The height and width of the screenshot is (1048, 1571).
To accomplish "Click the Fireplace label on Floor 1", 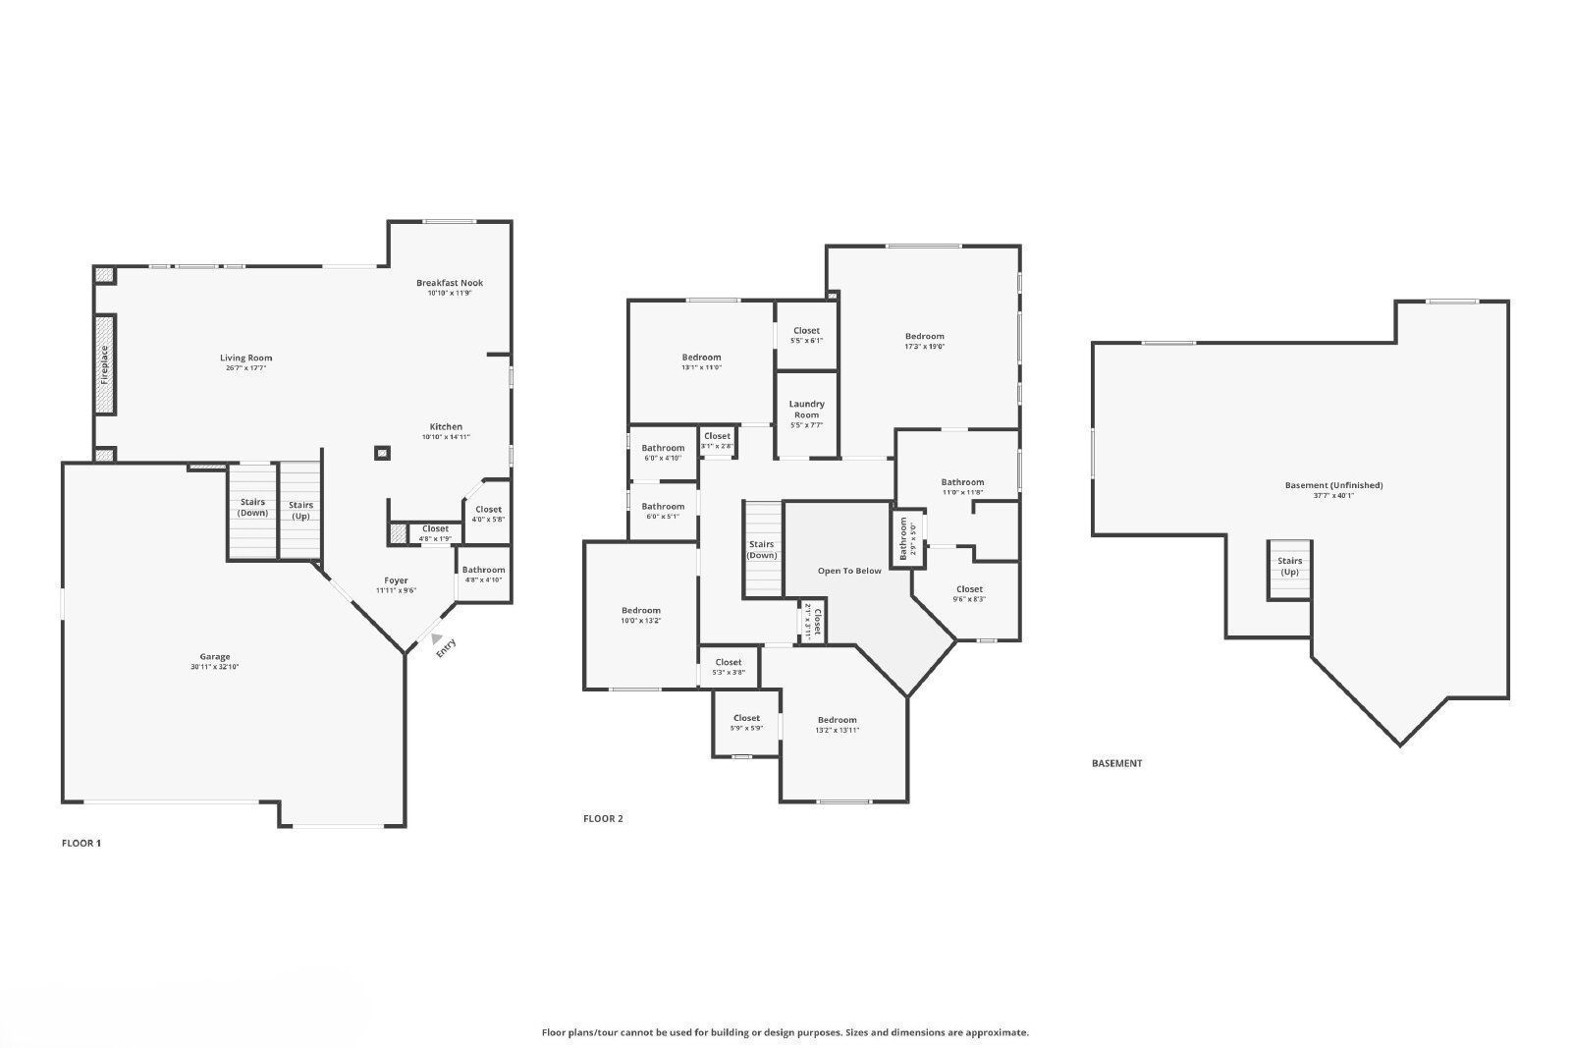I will click(x=105, y=363).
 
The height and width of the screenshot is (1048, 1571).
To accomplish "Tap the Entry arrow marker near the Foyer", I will click(x=437, y=638).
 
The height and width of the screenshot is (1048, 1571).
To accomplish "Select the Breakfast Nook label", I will click(x=450, y=283).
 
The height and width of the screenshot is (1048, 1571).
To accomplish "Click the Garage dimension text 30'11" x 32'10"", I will click(x=215, y=667).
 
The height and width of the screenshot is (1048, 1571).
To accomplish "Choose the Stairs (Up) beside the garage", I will click(x=300, y=511).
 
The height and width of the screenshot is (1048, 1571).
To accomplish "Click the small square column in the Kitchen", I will click(x=382, y=453).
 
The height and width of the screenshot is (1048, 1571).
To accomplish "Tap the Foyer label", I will click(x=396, y=580).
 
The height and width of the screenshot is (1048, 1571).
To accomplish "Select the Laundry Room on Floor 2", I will click(x=806, y=410).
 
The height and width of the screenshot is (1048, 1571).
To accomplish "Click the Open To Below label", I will click(x=849, y=571).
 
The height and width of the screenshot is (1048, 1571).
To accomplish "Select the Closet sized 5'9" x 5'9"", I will click(x=746, y=723).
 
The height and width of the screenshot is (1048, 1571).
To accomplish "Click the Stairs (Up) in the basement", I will click(x=1289, y=567).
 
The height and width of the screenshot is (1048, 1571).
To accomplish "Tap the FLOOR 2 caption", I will click(x=603, y=818).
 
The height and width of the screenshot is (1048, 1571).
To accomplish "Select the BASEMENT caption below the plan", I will click(x=1116, y=763).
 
